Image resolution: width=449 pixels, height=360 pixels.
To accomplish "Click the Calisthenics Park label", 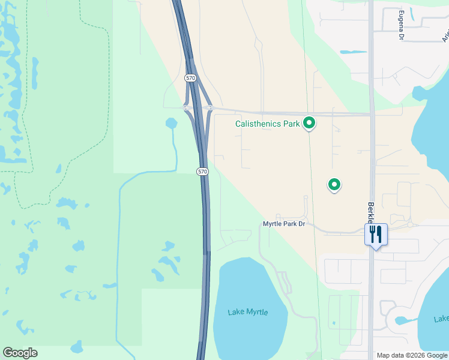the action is click(267, 124).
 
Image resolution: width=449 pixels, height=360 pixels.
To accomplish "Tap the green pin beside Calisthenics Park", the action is click(309, 123).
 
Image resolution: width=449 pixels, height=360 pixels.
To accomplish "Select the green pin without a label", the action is click(334, 184).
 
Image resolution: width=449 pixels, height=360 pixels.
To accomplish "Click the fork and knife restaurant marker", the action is click(376, 233).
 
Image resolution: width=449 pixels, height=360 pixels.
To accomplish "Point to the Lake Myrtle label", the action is click(248, 312).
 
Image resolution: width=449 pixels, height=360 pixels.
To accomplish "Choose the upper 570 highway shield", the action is click(190, 78).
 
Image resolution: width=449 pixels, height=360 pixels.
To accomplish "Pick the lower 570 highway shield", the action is click(202, 172).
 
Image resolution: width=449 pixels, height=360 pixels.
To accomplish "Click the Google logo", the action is click(20, 353).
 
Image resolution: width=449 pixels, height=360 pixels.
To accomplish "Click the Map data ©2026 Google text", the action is click(412, 355).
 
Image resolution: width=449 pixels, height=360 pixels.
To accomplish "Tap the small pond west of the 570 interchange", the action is click(172, 124).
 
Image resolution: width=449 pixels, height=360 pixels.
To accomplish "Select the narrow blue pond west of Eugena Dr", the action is click(354, 52).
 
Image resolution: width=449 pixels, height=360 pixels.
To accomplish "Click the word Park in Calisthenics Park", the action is click(291, 124).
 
